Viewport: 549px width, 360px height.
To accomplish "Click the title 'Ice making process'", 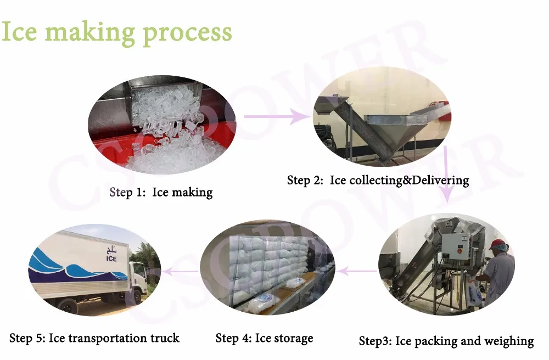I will coord(116,32).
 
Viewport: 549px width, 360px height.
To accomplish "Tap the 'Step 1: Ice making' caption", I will coord(161,192).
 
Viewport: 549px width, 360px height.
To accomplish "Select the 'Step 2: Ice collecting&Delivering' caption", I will coord(378,180).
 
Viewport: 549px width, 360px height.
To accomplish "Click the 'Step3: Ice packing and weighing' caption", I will coord(446,341).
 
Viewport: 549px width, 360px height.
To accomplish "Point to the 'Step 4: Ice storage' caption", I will coord(264,337).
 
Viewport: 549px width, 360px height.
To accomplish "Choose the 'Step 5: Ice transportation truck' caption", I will coord(94,337).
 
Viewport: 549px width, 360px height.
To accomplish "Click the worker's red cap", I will coord(497,244).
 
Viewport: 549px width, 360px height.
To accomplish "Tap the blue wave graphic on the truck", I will coord(71,269).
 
